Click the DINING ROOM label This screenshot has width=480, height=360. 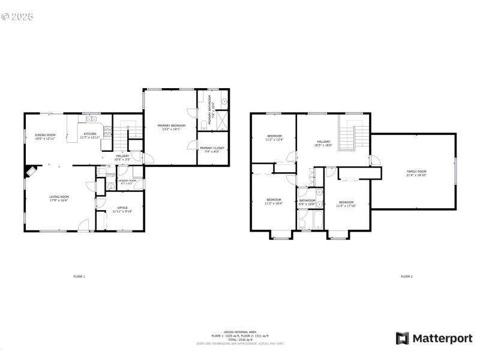tap(45, 135)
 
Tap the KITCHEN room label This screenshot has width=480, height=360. tap(90, 134)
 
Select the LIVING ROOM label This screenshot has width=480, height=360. tap(59, 197)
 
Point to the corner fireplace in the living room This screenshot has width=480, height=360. tap(29, 172)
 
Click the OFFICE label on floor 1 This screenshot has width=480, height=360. tap(122, 208)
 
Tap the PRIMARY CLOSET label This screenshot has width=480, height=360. tap(212, 148)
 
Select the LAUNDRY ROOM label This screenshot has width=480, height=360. tap(127, 180)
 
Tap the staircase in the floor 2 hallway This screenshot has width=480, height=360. tap(348, 136)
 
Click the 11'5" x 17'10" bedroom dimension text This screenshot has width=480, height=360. tap(346, 206)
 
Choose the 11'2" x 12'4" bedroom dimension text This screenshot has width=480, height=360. tap(275, 140)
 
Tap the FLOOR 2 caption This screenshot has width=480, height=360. tap(406, 277)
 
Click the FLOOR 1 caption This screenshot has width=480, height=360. tap(79, 277)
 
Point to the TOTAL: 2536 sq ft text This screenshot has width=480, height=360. tap(239, 340)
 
